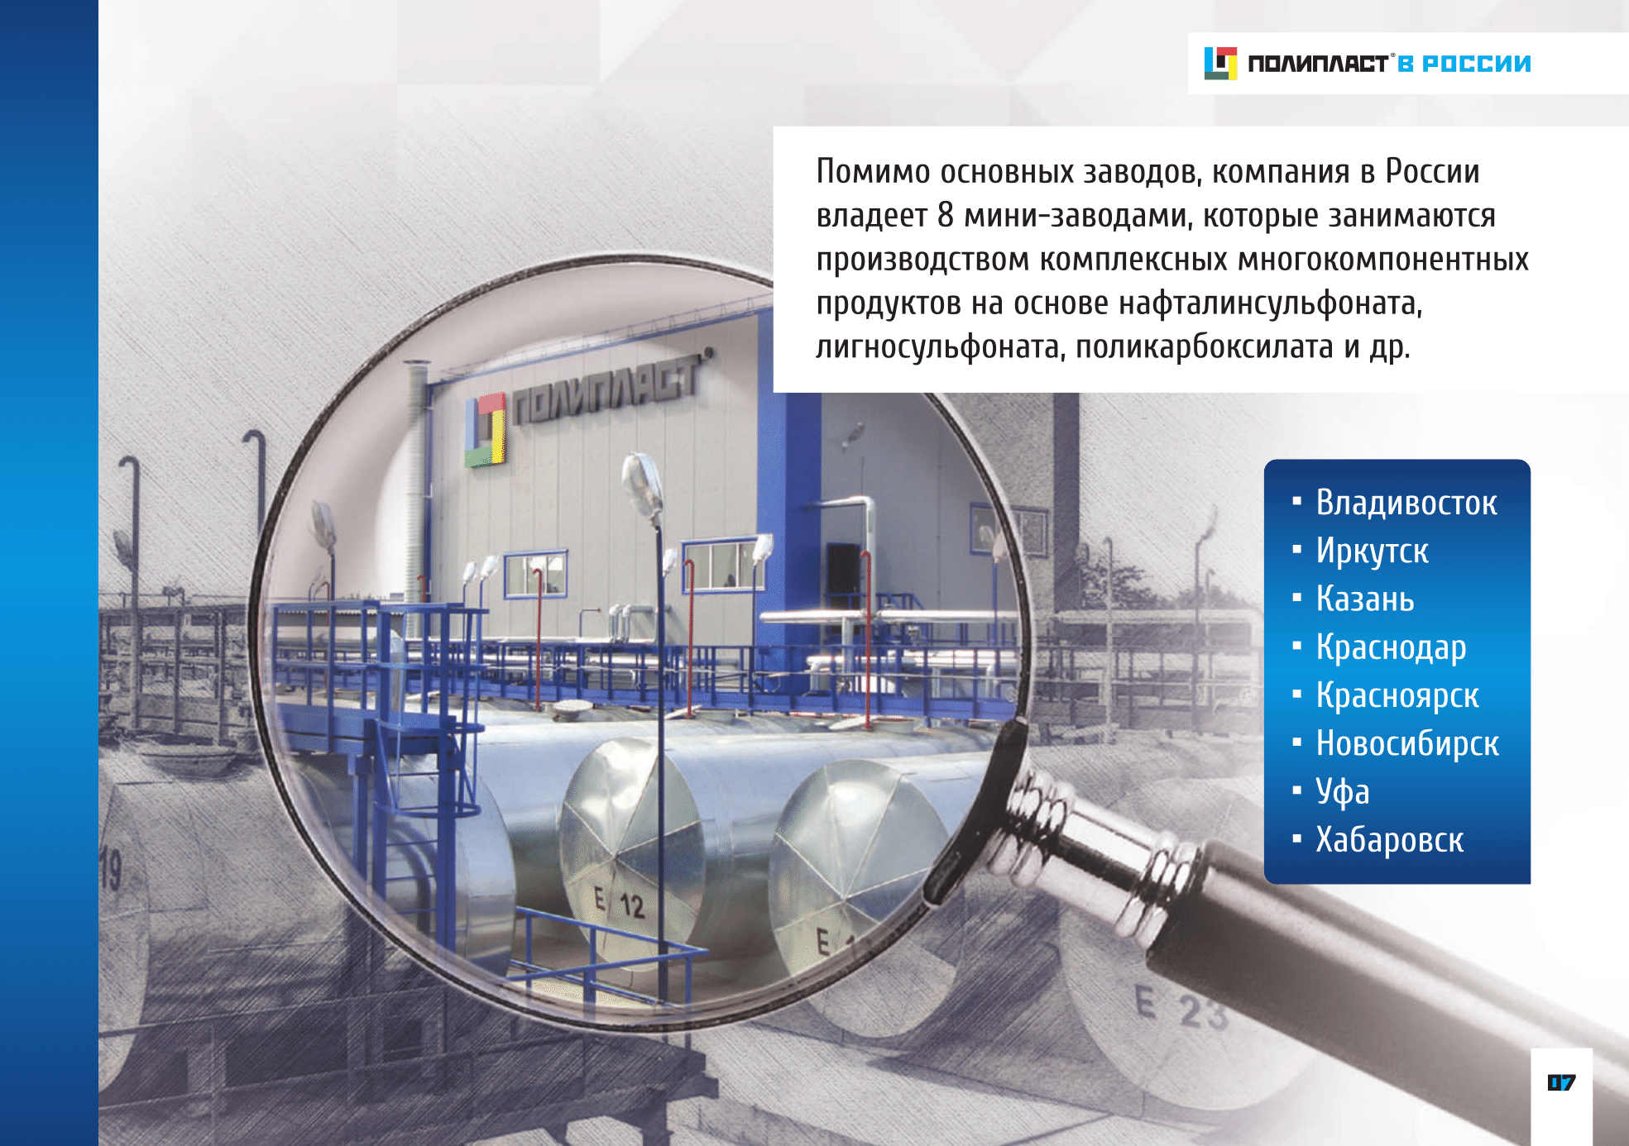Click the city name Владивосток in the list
coord(1406,503)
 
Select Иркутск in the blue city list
coord(1372,552)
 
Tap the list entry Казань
coord(1365,599)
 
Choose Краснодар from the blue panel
coord(1391,647)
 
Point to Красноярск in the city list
coord(1397,695)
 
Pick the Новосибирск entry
coord(1407,743)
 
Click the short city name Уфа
coord(1343,791)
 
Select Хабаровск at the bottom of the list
coord(1390,839)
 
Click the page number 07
coord(1561,1082)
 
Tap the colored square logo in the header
coord(1220,64)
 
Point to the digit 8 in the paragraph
coord(946,215)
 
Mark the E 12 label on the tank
coord(620,903)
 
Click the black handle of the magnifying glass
coord(1365,984)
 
